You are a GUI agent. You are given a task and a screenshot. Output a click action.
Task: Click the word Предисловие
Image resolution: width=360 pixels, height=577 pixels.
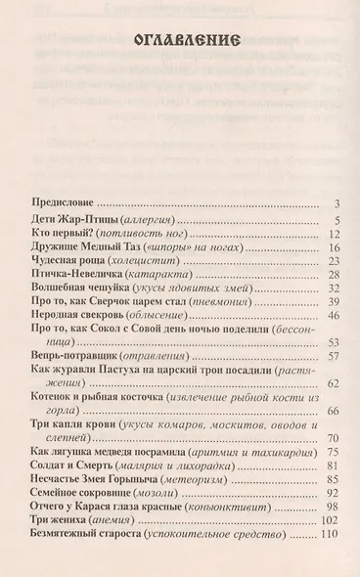[x=60, y=204]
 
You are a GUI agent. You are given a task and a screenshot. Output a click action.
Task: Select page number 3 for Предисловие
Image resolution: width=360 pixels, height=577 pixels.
[x=335, y=204]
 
